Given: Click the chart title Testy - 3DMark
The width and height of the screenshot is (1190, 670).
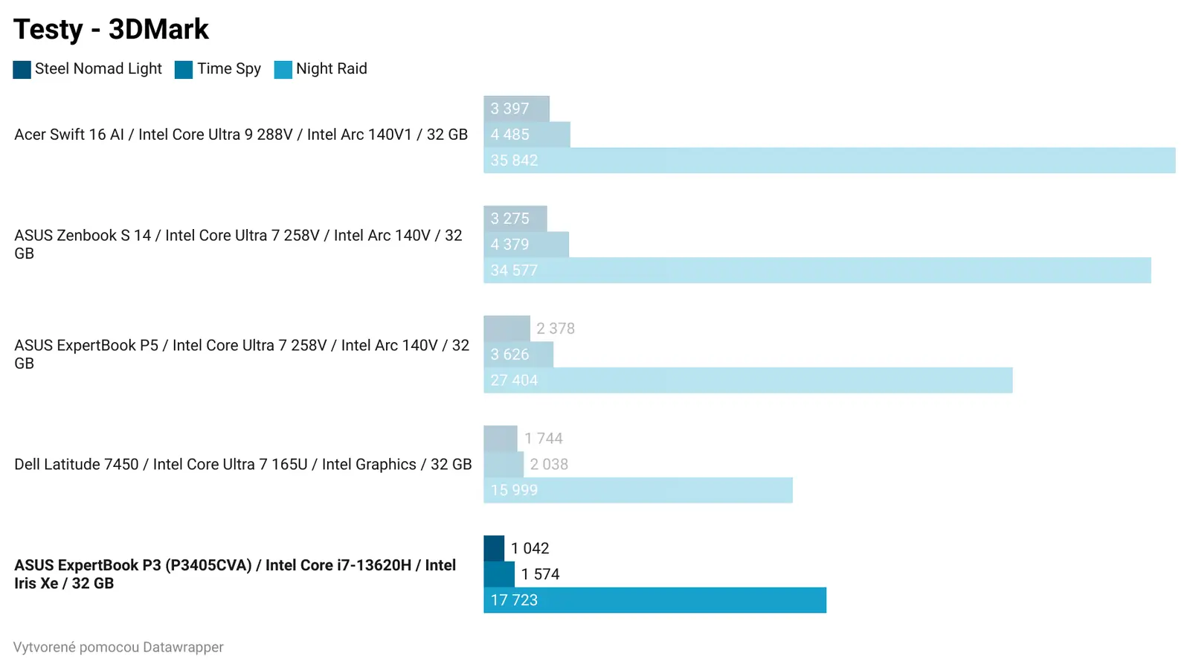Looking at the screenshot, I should [x=111, y=30].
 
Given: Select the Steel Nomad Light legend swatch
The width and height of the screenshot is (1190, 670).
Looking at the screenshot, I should [x=22, y=69].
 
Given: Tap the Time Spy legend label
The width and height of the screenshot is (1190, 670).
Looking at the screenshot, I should [x=228, y=68].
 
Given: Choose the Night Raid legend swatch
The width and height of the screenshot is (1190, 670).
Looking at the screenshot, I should [x=283, y=69].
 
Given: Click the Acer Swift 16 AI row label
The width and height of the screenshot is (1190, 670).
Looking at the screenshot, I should [x=241, y=135].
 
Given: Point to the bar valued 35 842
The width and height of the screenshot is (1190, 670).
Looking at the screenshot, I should [x=829, y=161].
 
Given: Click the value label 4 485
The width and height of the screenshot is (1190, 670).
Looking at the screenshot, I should [x=509, y=135].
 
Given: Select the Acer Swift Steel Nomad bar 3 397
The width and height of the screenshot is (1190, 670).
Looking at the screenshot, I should [x=516, y=109].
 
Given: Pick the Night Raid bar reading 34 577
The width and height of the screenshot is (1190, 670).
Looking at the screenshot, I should [x=817, y=271].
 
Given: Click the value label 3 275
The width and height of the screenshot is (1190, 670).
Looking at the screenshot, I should [x=509, y=219].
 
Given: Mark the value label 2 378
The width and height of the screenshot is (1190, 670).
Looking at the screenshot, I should [x=556, y=329].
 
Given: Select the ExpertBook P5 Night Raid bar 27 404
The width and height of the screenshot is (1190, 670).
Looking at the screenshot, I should [x=747, y=380].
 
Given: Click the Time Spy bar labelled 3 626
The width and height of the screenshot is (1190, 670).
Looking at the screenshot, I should [x=518, y=355].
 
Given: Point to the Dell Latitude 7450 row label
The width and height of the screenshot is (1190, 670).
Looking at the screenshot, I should [x=242, y=465].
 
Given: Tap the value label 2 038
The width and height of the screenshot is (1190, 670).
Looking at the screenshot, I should [x=549, y=465].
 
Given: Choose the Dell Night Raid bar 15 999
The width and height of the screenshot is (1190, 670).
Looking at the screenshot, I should [x=637, y=490].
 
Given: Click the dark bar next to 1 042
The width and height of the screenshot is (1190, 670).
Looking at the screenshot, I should [x=494, y=548].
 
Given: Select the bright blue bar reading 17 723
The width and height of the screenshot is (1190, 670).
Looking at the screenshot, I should [x=654, y=600].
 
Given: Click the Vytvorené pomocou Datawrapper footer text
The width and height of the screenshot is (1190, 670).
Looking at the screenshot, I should [x=118, y=647].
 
